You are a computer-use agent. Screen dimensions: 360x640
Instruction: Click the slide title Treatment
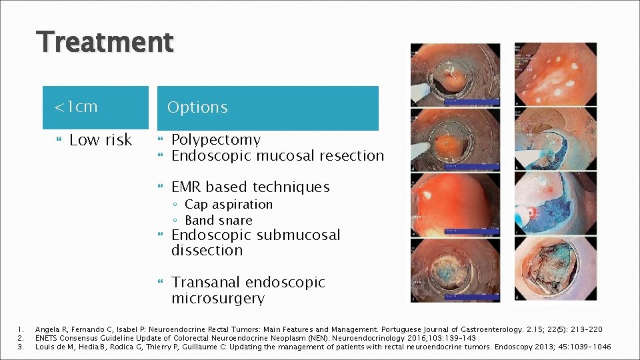point(106,42)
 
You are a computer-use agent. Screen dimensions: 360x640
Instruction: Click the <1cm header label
point(76,107)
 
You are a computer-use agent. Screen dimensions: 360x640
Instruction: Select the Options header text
point(197,107)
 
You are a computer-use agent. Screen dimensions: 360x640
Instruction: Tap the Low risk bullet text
point(101,140)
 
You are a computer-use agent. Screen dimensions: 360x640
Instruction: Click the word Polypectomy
point(216,140)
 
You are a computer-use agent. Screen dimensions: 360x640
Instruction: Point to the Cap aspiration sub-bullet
point(229,205)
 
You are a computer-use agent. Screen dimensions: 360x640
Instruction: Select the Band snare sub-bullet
point(219,220)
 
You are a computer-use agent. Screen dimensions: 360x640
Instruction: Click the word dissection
point(207,251)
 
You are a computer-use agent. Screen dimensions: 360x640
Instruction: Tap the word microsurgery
point(218,298)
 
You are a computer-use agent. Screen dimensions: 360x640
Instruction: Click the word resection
point(351,156)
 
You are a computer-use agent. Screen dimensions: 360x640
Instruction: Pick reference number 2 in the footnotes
point(21,338)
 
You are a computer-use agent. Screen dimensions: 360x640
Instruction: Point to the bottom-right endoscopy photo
point(555,269)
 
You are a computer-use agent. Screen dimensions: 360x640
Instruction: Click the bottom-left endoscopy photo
point(455,269)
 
